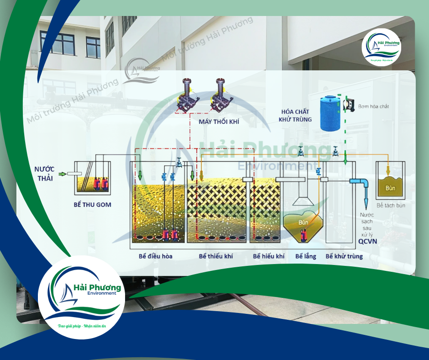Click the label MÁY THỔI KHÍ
pos(219,122)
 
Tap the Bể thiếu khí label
pos(216,256)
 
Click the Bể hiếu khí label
pos(269,256)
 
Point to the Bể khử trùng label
pos(344,256)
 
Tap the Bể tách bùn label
pos(391,206)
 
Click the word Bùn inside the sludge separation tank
pos(389,188)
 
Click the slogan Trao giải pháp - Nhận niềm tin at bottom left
pos(82,327)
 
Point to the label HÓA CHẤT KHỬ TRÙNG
pos(297,115)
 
